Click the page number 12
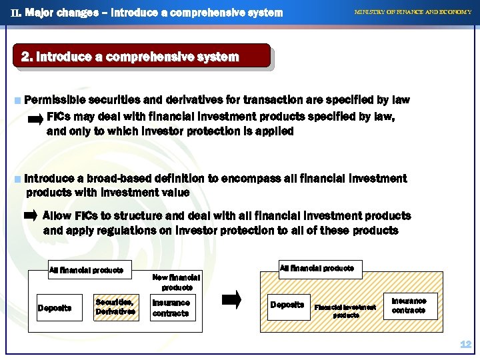point(465,345)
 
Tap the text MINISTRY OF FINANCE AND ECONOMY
point(412,12)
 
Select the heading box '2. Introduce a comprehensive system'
point(141,57)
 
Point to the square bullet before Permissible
point(17,101)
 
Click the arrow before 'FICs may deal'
point(35,121)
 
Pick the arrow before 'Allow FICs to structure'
point(31,216)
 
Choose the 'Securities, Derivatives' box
point(115,307)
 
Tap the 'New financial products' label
point(176,282)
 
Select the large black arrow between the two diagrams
point(231,301)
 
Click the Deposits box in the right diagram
point(287,305)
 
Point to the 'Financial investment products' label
point(345,311)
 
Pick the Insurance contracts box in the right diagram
point(409,305)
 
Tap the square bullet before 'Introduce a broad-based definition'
point(17,179)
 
